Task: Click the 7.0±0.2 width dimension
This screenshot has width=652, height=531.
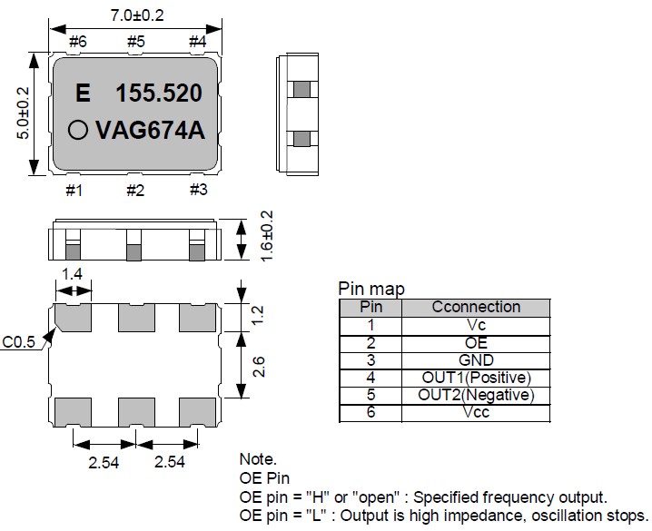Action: tap(136, 15)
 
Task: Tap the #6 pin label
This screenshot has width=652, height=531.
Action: tap(77, 41)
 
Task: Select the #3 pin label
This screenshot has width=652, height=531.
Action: tap(199, 190)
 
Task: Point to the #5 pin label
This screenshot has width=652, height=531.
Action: tap(135, 41)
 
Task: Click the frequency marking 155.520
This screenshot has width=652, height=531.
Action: tap(158, 93)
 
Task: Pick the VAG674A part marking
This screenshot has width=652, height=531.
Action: tap(151, 131)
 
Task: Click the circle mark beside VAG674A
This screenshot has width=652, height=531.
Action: tap(80, 131)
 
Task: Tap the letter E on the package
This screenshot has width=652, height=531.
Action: tap(84, 93)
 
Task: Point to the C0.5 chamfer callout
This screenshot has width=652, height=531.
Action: tap(20, 342)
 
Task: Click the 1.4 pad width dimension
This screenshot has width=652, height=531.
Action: tap(73, 272)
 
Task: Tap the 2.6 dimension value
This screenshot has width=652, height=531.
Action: tap(259, 366)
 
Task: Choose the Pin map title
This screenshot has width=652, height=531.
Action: tap(371, 289)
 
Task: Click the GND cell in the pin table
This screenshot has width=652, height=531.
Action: tap(476, 360)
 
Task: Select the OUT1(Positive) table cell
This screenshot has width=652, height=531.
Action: tap(476, 378)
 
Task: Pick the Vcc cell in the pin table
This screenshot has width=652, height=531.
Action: tap(476, 412)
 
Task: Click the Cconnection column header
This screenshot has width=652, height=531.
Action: tap(476, 307)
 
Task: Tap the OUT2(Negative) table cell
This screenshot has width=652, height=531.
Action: tap(476, 395)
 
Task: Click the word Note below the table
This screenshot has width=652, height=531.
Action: tap(258, 459)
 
